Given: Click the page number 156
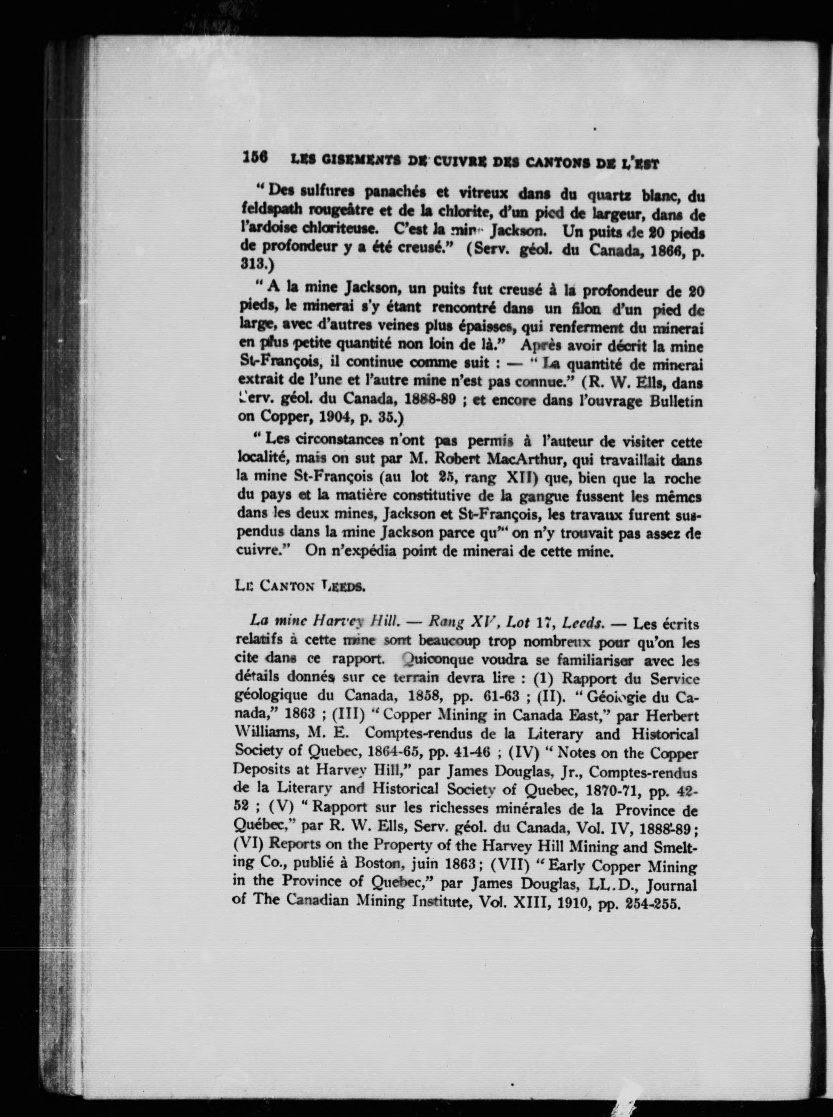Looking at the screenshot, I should coord(255,157).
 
